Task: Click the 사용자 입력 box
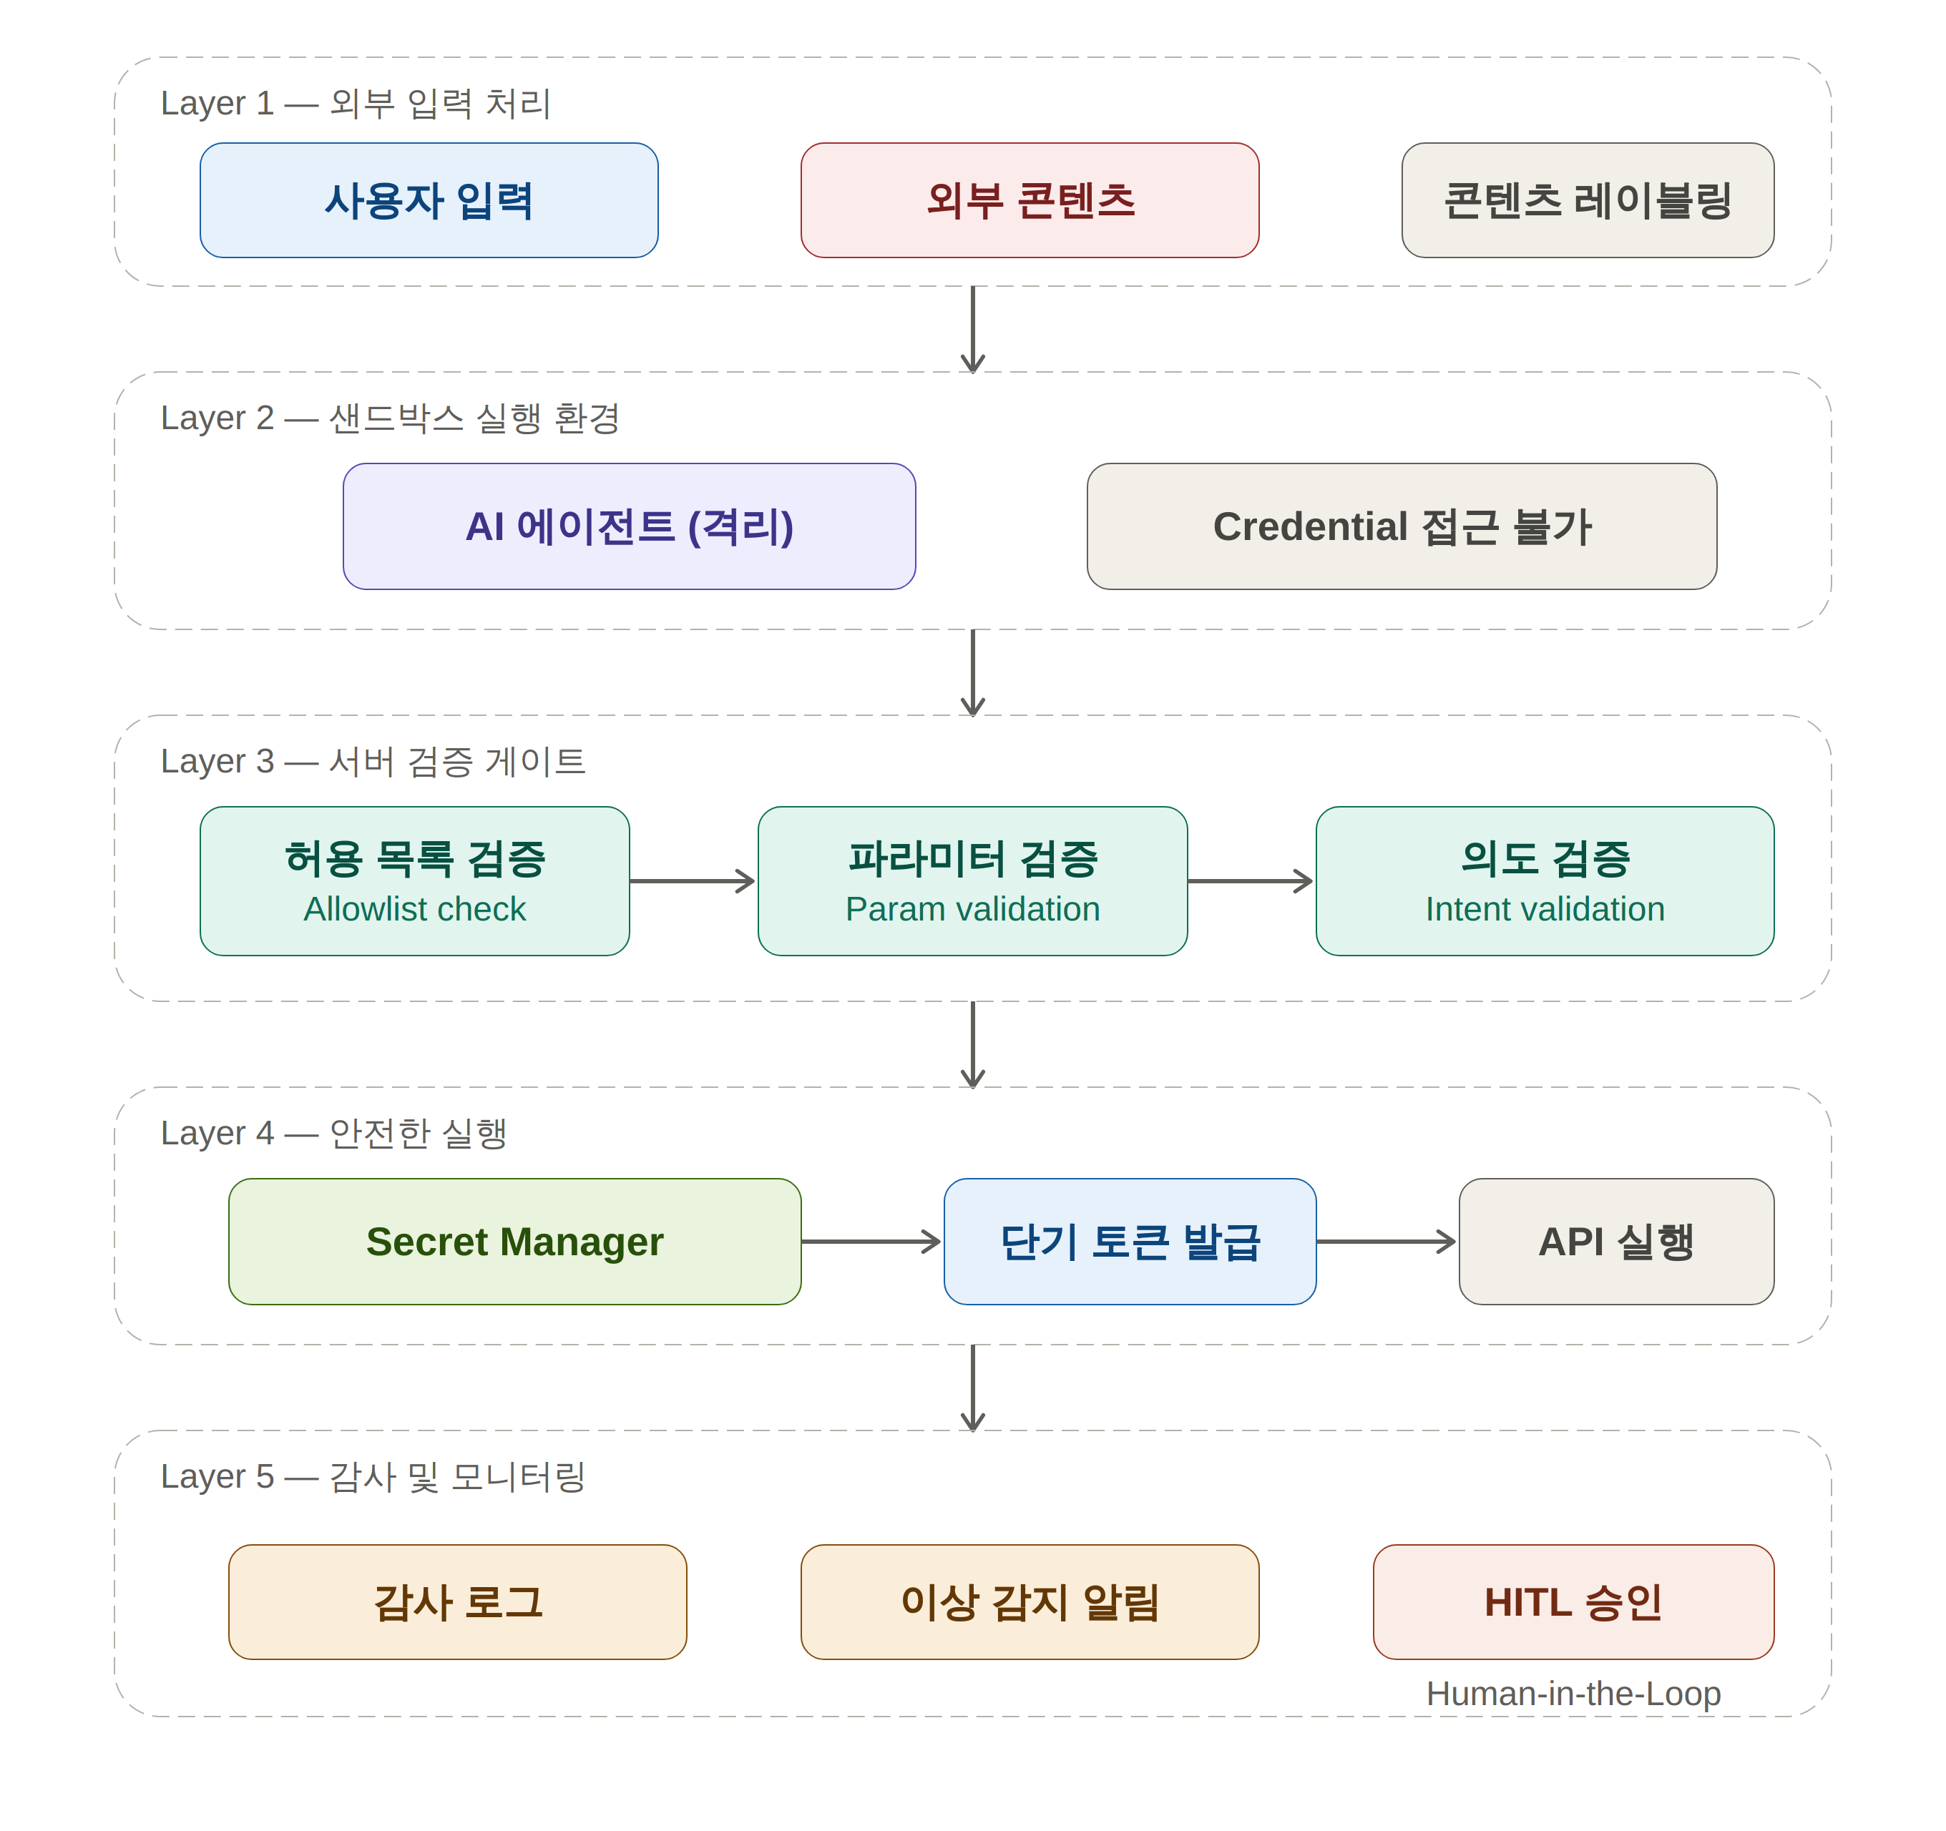pos(429,200)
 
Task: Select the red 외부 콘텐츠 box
pos(1030,200)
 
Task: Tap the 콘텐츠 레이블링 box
pos(1587,200)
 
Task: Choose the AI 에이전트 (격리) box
pos(630,526)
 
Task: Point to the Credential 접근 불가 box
pos(1402,526)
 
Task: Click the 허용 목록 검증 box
pos(414,880)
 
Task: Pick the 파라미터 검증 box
pos(972,880)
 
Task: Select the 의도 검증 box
pos(1545,880)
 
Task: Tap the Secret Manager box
pos(515,1241)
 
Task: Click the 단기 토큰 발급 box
pos(1130,1241)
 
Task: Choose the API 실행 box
pos(1616,1241)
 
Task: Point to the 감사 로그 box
pos(457,1602)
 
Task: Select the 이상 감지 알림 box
pos(1030,1602)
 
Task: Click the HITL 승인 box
pos(1573,1602)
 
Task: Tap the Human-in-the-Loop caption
pos(1573,1693)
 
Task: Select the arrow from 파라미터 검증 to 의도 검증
pos(1250,880)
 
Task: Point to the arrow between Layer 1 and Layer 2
pos(972,329)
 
